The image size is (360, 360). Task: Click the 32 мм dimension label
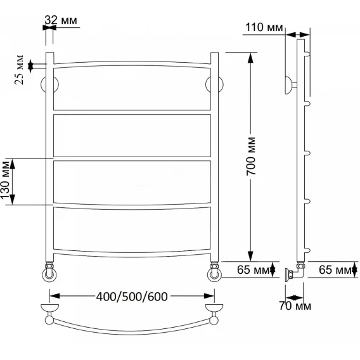click(x=61, y=20)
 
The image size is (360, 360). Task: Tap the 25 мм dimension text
click(x=19, y=70)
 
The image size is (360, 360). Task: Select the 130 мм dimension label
click(x=5, y=180)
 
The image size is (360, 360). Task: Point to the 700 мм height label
click(x=251, y=156)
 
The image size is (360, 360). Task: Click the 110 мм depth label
click(x=264, y=27)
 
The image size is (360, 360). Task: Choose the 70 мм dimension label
click(x=295, y=306)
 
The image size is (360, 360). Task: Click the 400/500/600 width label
click(x=132, y=297)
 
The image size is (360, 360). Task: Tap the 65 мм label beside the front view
click(x=254, y=270)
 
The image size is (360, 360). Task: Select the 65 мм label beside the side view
click(x=335, y=270)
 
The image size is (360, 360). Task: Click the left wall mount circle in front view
click(x=49, y=84)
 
